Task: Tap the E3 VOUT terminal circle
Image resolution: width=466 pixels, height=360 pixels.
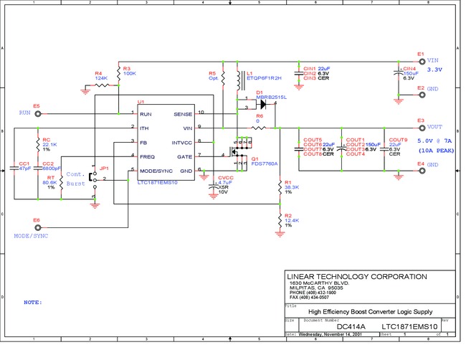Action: pyautogui.click(x=422, y=128)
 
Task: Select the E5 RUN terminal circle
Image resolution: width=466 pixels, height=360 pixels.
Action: pyautogui.click(x=37, y=113)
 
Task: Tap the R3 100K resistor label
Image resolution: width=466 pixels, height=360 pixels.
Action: pyautogui.click(x=130, y=70)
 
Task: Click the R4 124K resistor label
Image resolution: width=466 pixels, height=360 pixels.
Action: pyautogui.click(x=102, y=75)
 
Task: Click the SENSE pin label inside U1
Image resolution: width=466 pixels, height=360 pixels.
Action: pyautogui.click(x=183, y=114)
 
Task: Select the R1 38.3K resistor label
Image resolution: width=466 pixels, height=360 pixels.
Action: pyautogui.click(x=291, y=187)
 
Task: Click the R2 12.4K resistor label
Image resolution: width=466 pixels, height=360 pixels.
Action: pyautogui.click(x=291, y=218)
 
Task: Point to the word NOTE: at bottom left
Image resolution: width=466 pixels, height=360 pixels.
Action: pyautogui.click(x=33, y=302)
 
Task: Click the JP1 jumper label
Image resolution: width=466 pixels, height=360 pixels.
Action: pyautogui.click(x=104, y=168)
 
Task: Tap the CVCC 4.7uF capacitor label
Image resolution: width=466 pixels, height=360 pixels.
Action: pyautogui.click(x=225, y=183)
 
